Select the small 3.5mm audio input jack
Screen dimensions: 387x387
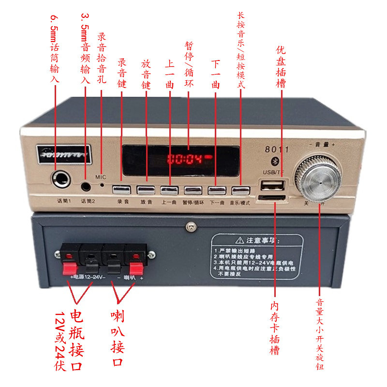pos(86,185)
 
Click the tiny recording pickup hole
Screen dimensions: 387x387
pos(102,184)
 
